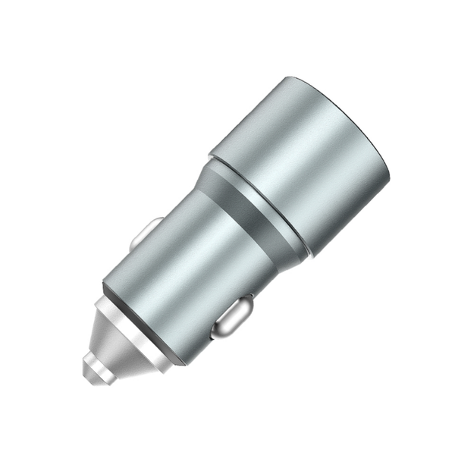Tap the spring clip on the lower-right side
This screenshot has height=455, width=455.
(231, 316)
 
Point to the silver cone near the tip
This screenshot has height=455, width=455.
(114, 341)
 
